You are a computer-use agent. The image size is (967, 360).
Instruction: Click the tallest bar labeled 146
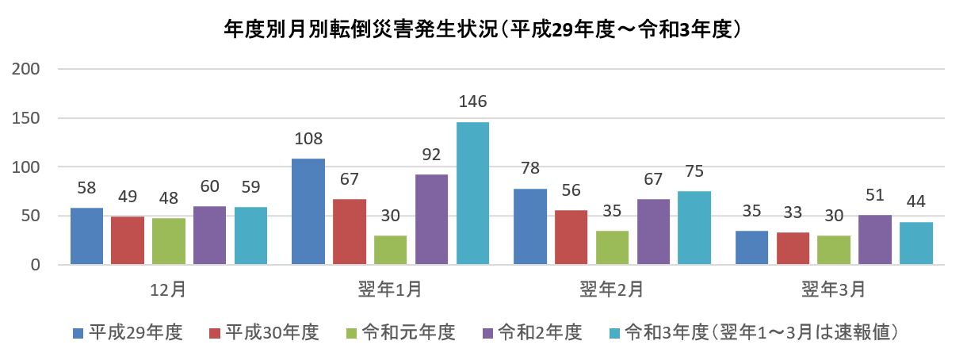coord(472,193)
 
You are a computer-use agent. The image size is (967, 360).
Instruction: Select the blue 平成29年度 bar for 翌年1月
coord(308,212)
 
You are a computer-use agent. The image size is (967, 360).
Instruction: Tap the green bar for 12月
coord(169,241)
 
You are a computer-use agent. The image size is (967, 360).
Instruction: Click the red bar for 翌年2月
coord(571,237)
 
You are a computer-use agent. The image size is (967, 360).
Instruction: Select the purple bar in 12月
coord(210,235)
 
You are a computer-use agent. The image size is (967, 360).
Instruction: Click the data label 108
coord(308,140)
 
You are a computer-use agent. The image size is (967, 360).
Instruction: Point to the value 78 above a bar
coord(530,169)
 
